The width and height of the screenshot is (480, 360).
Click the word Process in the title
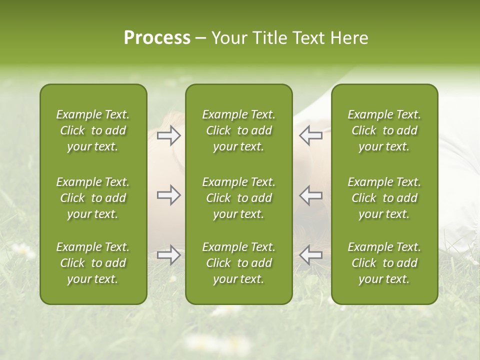(157, 38)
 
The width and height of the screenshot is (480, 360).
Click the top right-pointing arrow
(168, 135)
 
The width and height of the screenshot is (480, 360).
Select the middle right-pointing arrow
(168, 195)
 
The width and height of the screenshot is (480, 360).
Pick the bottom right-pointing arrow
(168, 255)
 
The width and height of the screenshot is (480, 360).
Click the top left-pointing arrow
(310, 135)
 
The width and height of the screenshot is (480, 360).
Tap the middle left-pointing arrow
(310, 195)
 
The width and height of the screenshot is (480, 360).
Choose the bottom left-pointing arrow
(310, 255)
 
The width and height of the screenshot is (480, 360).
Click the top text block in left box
(93, 130)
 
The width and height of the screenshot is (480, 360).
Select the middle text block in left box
(93, 198)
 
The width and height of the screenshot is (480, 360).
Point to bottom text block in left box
(93, 263)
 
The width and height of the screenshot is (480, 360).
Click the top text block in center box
(238, 130)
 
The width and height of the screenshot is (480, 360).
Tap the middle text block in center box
(238, 198)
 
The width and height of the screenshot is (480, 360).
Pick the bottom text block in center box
(238, 263)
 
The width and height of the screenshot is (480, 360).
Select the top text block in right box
(384, 130)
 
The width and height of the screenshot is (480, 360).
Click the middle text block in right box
(384, 198)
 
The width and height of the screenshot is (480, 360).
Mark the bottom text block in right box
(384, 263)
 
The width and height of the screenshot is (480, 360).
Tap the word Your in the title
(227, 38)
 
